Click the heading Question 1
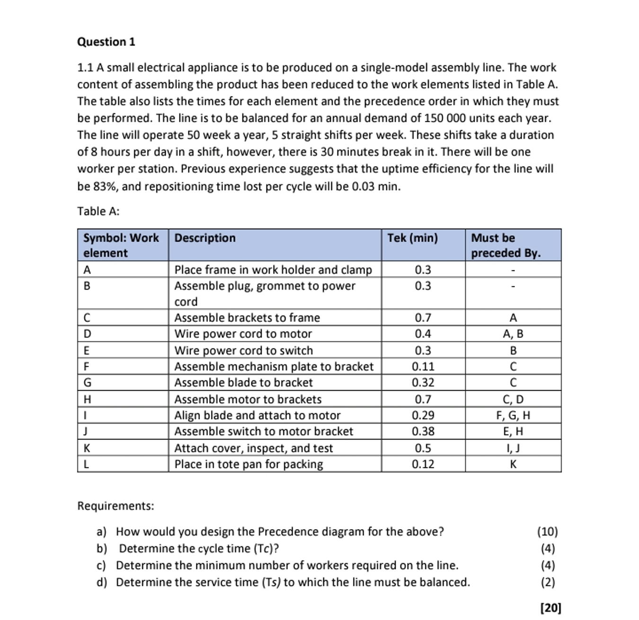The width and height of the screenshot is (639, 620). [x=106, y=42]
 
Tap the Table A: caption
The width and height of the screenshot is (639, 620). [x=98, y=211]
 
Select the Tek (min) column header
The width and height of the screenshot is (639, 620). [x=412, y=238]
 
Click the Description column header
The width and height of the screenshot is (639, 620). [x=205, y=238]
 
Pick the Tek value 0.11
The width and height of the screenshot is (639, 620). [x=423, y=367]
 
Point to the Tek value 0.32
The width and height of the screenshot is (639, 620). [x=423, y=382]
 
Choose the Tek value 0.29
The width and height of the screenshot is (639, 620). [x=423, y=416]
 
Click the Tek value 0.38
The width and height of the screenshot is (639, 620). [x=423, y=432]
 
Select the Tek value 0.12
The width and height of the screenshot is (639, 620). [x=423, y=464]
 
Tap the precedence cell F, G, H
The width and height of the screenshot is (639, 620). [x=513, y=416]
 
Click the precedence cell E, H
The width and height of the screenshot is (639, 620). [x=513, y=432]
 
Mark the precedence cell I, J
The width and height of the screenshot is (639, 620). [x=513, y=448]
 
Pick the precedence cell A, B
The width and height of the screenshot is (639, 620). [x=513, y=334]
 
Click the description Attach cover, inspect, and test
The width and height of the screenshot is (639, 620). [x=253, y=448]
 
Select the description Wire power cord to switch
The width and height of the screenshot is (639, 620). [x=243, y=351]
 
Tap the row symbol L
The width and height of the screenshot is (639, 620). [x=86, y=464]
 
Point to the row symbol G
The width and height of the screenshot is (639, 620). [x=87, y=382]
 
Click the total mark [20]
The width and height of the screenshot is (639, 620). [x=550, y=608]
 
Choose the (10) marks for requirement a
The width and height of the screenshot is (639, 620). [x=547, y=532]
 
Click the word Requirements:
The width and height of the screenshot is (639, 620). [x=115, y=506]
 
